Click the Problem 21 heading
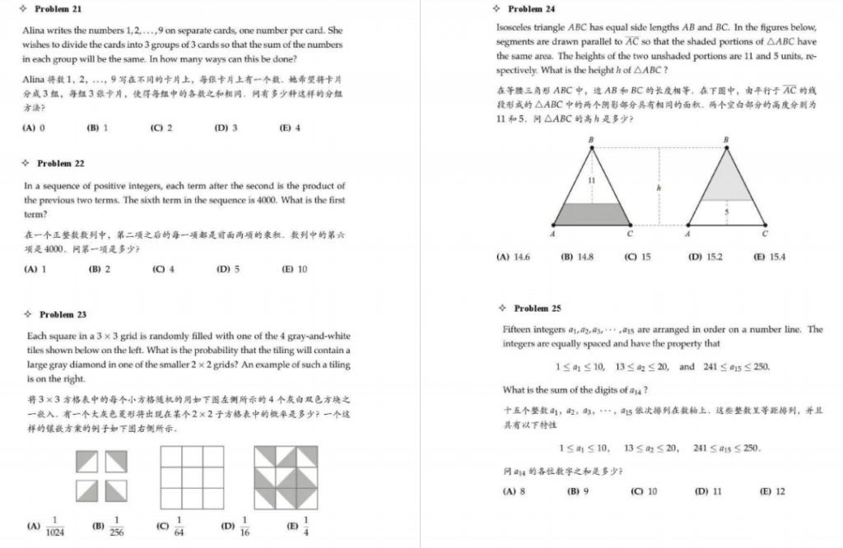point(58,9)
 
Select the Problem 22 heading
point(60,164)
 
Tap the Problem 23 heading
point(63,314)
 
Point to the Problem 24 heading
point(531,9)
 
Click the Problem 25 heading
point(537,309)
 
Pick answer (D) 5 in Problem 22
point(228,269)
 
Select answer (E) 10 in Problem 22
point(294,269)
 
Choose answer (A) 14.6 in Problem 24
point(514,257)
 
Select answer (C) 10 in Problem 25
point(644,491)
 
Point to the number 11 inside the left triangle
point(591,180)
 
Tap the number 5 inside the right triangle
point(725,212)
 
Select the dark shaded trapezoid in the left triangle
point(591,214)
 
